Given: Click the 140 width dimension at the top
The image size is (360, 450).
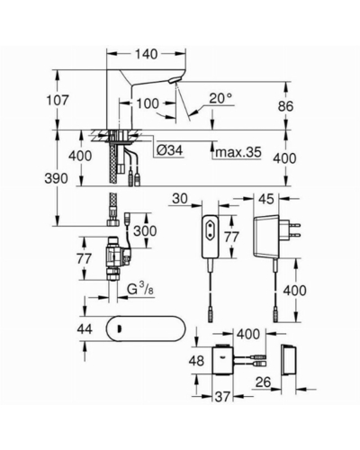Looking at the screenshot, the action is point(146,54).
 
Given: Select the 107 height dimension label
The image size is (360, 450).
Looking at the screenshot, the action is point(58,100).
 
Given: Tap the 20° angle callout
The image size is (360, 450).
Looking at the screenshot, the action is point(220,98).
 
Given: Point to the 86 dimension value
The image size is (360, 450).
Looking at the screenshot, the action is point(285,106).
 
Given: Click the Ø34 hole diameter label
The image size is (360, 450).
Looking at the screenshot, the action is point(170,150).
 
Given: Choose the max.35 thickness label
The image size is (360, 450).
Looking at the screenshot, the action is point(238,152).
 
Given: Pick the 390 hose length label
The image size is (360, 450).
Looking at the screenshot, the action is point(56,178).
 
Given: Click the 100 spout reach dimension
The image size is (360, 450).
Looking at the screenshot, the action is point(148,103).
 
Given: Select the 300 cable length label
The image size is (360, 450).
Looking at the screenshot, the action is point(145,231).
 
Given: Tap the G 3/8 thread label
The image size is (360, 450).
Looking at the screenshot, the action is point(140,290).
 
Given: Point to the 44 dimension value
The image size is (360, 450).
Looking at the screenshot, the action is point(85,329).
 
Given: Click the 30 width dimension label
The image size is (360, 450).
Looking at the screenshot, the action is point(180,198).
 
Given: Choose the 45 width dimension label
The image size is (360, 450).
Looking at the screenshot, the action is point(266,199).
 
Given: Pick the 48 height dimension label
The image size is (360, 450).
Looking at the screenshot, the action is point(196,360).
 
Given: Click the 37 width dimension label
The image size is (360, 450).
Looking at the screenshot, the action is point(222,397).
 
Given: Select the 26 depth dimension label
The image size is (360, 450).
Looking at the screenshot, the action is point(263,382).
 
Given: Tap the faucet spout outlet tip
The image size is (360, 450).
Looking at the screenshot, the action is point(174,80).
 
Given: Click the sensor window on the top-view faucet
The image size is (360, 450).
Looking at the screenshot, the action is point(120,329).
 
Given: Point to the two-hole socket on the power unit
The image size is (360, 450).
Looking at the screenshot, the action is point(211,224).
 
